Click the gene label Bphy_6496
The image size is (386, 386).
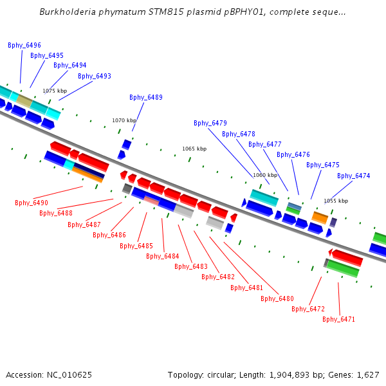(x=24, y=45)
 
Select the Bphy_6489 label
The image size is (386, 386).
(x=146, y=98)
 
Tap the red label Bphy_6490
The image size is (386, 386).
(x=32, y=203)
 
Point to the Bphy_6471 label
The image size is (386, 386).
(x=339, y=320)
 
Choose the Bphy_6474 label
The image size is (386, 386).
(x=354, y=176)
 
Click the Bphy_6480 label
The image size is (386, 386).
(x=277, y=299)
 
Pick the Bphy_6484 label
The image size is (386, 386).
(x=163, y=257)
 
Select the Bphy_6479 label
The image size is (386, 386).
(x=210, y=124)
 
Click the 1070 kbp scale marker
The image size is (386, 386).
(x=124, y=120)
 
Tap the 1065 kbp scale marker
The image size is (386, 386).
(x=194, y=149)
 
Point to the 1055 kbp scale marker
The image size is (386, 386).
(x=336, y=201)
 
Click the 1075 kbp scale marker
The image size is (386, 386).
(x=55, y=91)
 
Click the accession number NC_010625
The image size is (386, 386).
(x=69, y=375)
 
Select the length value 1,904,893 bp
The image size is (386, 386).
(x=289, y=375)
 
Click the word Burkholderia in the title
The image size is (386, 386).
(x=68, y=12)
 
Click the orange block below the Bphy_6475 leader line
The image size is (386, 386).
(x=320, y=217)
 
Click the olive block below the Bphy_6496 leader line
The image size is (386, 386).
(x=24, y=101)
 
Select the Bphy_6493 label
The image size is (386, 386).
(x=95, y=77)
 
